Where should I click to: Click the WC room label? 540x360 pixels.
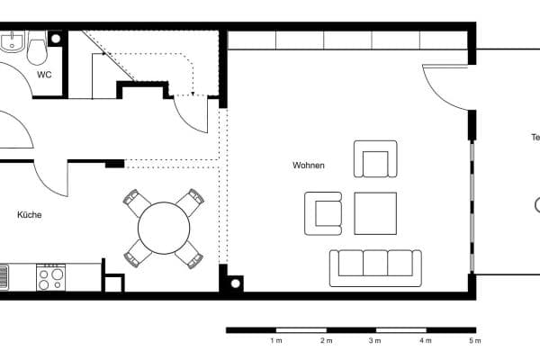[43, 75]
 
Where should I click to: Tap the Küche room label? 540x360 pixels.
[29, 215]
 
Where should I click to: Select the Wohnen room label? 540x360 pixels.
[308, 166]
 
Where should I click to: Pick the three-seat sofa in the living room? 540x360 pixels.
[375, 266]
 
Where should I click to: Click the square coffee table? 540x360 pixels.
[375, 213]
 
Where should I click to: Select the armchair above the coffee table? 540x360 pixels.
[375, 159]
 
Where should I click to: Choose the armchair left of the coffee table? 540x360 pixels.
[324, 212]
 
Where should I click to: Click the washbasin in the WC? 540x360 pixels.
[12, 41]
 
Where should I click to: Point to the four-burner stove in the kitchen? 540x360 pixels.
[50, 277]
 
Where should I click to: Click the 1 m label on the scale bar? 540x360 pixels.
[276, 341]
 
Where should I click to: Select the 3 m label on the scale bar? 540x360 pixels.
[374, 341]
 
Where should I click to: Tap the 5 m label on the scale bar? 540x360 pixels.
[474, 341]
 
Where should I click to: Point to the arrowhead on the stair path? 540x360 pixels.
[193, 94]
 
